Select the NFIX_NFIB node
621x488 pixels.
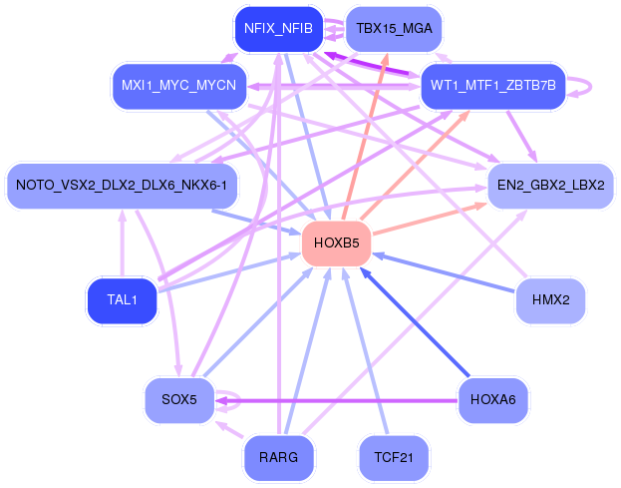click(x=278, y=29)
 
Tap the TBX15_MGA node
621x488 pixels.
click(x=394, y=29)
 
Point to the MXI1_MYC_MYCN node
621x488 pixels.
click(x=178, y=85)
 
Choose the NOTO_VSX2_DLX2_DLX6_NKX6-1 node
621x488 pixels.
click(x=122, y=185)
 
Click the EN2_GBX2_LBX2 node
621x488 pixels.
click(x=549, y=185)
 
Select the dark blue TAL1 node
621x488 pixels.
click(x=122, y=299)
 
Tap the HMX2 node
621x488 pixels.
click(x=549, y=299)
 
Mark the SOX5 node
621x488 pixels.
click(x=178, y=400)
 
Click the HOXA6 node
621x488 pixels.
click(x=492, y=400)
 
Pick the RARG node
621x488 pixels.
click(x=278, y=457)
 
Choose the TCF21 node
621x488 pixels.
click(x=394, y=457)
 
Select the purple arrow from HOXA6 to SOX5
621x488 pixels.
click(x=339, y=400)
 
